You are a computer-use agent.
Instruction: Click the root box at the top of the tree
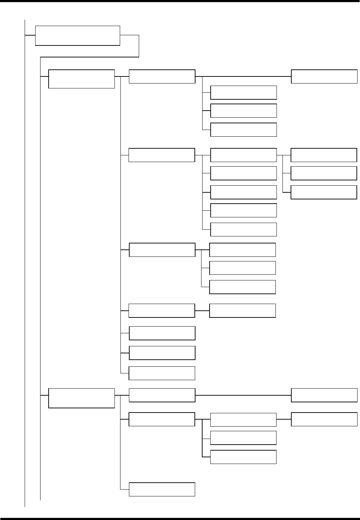[x=77, y=35]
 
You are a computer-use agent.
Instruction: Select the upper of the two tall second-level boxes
[x=81, y=79]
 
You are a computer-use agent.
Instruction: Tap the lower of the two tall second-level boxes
[x=81, y=398]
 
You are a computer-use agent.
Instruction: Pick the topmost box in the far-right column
[x=324, y=76]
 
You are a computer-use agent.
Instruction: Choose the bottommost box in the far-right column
[x=324, y=419]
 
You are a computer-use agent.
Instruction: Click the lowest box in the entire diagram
[x=162, y=489]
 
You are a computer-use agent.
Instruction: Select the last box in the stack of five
[x=243, y=229]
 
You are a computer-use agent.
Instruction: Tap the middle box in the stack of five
[x=243, y=192]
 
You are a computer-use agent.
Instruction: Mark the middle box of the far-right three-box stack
[x=324, y=173]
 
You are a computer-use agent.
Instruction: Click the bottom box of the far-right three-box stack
[x=324, y=192]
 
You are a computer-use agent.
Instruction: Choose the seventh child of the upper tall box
[x=162, y=373]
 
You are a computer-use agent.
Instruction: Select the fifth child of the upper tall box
[x=162, y=333]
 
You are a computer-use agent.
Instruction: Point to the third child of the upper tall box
[x=162, y=250]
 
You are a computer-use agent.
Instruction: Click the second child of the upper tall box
[x=162, y=155]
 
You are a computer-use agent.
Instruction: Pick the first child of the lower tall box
[x=162, y=395]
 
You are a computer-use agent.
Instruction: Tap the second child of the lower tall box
[x=162, y=419]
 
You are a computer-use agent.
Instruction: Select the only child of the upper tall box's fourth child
[x=242, y=310]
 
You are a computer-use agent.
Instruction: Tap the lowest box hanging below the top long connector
[x=243, y=130]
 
